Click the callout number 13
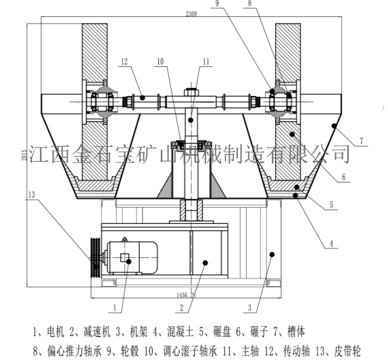point(32,195)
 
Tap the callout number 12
point(124,61)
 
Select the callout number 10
point(160,62)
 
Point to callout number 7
point(362,141)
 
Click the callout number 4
point(332,243)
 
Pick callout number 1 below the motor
point(114,308)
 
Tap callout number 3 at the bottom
point(249,308)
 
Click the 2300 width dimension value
point(191,14)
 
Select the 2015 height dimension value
point(24,155)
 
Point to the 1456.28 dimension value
point(186,295)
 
